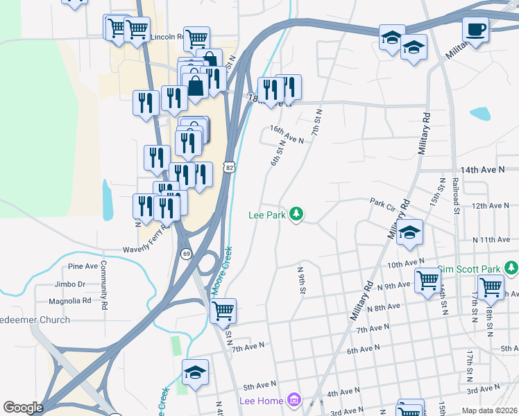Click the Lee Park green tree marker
[x=296, y=214]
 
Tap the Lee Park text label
[x=267, y=216]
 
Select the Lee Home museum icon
[x=294, y=400]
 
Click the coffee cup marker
[x=475, y=30]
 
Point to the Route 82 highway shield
[x=229, y=166]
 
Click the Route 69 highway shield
[x=187, y=254]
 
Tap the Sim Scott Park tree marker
[x=512, y=268]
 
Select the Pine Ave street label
[x=83, y=266]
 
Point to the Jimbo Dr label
[x=71, y=284]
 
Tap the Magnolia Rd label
[x=70, y=301]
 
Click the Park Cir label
[x=382, y=203]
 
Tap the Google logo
[x=23, y=408]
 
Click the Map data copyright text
[x=490, y=410]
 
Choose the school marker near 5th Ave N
[x=195, y=373]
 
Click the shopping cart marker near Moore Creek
[x=223, y=311]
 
